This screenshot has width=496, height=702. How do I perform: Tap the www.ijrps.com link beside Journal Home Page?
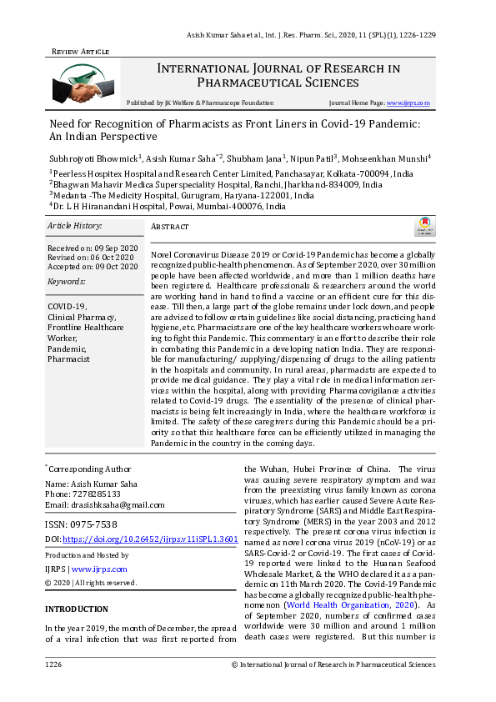tap(408, 103)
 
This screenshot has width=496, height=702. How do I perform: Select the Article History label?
tap(74, 226)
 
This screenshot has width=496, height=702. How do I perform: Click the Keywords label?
tap(67, 282)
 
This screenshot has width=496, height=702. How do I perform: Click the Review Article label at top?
tap(80, 51)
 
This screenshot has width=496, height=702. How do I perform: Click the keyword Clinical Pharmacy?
tap(82, 318)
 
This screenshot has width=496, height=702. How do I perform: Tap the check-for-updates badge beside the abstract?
tap(424, 225)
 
